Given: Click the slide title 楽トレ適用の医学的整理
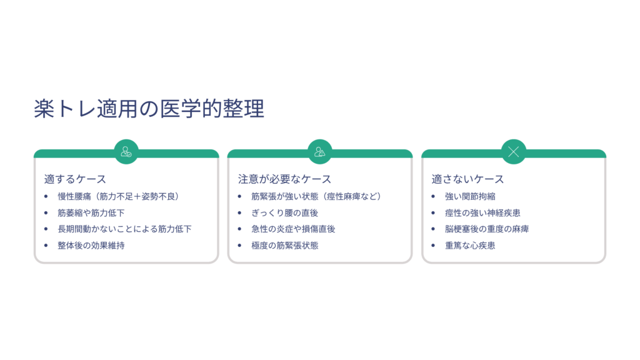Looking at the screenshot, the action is point(149,109).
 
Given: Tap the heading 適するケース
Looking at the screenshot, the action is point(75,179).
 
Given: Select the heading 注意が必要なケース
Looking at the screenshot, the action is point(284,179).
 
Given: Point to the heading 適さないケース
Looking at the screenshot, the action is point(467,179).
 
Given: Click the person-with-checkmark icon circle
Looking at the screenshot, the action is point(126,152).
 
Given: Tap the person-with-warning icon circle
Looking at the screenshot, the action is point(320,152).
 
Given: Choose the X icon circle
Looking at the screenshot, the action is point(514,152).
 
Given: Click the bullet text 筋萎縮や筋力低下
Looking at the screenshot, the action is point(91,212).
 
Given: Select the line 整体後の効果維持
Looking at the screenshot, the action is point(91,245).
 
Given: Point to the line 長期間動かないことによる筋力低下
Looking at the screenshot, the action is point(124,229).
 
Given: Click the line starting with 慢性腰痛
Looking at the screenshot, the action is point(119,196).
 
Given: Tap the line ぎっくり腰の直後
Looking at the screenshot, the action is point(284,212).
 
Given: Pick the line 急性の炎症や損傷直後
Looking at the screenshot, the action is point(293,229).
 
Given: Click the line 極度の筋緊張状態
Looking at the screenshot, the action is point(284,245).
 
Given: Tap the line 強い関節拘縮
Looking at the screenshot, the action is point(470,196).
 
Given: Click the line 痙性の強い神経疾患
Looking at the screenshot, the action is point(482,212).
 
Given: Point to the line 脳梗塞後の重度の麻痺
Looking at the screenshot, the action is point(486,229).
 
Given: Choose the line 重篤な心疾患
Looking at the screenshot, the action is point(470,245).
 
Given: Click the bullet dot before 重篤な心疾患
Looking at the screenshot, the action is point(433,245).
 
